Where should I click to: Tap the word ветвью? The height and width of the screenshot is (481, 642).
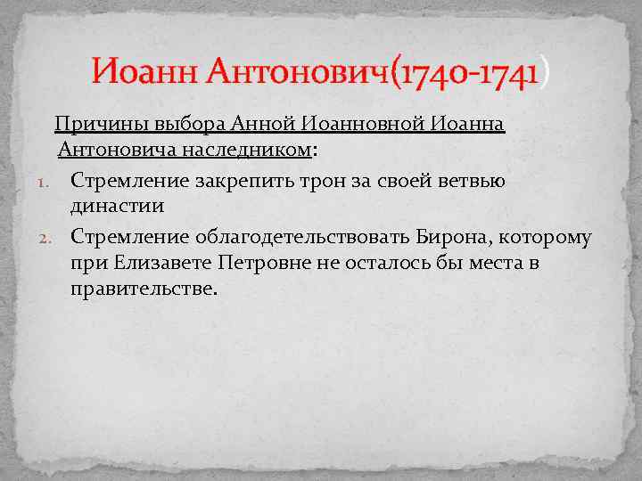(x=473, y=182)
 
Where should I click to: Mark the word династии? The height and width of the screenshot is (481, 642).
(x=118, y=207)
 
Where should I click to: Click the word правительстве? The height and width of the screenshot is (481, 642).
(x=143, y=289)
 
